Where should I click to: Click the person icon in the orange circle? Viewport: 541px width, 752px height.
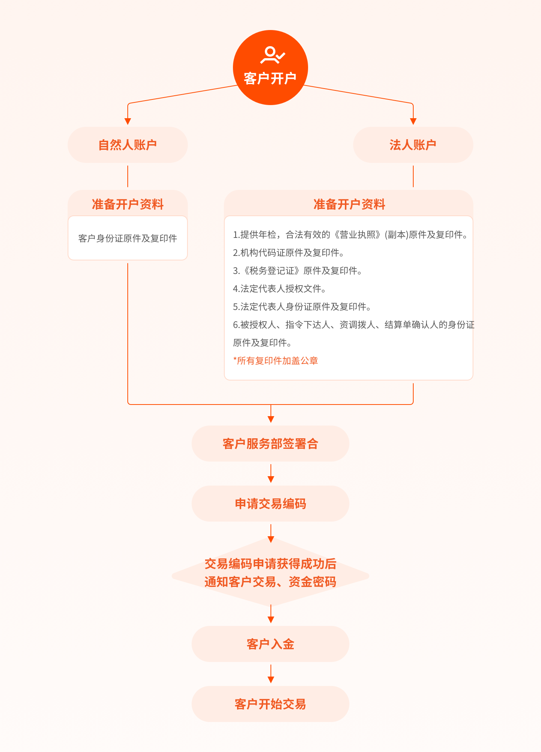click(x=272, y=55)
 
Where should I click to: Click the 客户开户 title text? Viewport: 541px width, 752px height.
click(x=270, y=79)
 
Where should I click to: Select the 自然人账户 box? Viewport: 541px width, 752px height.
click(x=128, y=145)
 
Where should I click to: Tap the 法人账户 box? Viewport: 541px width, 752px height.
click(x=413, y=145)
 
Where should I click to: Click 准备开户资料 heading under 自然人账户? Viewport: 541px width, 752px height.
click(x=128, y=205)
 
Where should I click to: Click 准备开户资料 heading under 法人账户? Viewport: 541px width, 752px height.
click(x=349, y=205)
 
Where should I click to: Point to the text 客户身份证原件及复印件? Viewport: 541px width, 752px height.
click(x=128, y=238)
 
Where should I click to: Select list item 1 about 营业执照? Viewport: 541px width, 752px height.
click(x=350, y=235)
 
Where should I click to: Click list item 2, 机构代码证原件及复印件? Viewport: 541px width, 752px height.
click(x=289, y=253)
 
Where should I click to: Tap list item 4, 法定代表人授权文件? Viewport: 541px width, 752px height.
click(x=279, y=289)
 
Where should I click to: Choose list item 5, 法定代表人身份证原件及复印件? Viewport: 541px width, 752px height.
click(x=302, y=307)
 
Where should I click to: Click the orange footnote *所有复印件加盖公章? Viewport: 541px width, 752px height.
click(x=275, y=361)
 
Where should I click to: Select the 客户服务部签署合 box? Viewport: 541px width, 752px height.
click(x=270, y=444)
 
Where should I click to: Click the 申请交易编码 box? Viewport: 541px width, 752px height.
click(x=270, y=504)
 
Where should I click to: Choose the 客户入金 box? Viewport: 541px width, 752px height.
click(x=270, y=644)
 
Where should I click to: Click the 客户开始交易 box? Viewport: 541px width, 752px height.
click(x=270, y=704)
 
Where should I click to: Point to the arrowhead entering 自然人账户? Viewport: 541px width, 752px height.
click(x=128, y=121)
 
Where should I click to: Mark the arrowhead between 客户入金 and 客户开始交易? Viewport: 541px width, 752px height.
click(x=270, y=680)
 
